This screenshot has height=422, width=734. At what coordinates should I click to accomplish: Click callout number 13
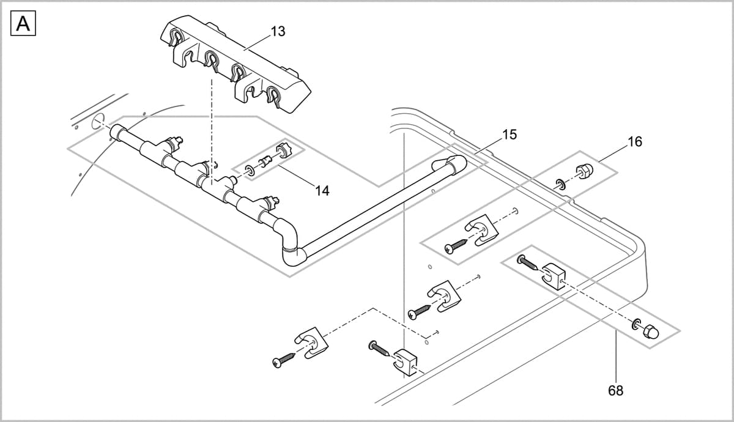pos(278,32)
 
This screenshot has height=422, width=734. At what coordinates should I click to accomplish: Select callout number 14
pos(322,191)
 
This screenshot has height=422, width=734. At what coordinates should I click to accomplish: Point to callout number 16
pos(635,142)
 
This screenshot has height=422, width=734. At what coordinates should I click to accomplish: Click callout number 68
pos(616,390)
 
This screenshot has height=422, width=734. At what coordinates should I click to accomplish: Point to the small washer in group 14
pos(250,169)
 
